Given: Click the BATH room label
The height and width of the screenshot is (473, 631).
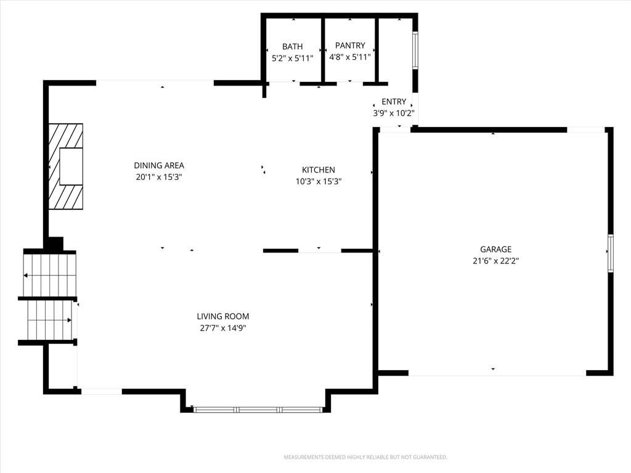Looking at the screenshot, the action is (x=292, y=47).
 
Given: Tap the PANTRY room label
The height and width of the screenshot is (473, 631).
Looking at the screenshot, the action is (x=350, y=46).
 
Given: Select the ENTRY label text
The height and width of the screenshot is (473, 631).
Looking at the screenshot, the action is (x=394, y=102).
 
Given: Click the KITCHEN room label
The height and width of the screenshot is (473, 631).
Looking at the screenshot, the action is (x=319, y=170).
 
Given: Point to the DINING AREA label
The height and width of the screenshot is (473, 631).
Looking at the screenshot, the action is (x=159, y=165).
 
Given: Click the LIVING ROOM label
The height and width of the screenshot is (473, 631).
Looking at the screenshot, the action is (x=223, y=317).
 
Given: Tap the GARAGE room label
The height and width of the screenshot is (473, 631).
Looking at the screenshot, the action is (x=496, y=249).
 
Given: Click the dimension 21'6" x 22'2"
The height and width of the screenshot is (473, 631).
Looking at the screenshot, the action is (x=496, y=261).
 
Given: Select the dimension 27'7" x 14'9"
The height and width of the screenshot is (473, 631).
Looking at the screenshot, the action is (x=223, y=328).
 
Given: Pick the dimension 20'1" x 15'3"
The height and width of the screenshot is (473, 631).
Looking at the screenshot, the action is (x=159, y=177).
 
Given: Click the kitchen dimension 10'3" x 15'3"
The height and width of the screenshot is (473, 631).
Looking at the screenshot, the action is (x=319, y=182).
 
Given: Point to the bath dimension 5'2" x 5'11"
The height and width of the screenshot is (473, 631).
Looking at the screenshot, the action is (x=292, y=59).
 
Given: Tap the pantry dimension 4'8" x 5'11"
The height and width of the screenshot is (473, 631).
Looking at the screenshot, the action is (x=350, y=57).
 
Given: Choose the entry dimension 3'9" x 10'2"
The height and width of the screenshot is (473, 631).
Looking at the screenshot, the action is (x=394, y=113).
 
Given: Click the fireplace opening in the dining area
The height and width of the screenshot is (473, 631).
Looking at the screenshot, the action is (x=71, y=166).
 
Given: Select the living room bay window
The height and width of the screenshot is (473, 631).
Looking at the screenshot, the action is (x=258, y=410).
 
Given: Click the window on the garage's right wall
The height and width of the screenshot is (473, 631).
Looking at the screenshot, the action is (x=611, y=253).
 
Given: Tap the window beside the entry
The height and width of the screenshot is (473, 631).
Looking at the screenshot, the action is (x=415, y=51).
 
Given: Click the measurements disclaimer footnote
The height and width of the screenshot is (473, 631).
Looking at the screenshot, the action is (x=365, y=458).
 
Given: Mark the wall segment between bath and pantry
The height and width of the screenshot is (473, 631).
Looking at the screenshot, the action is (x=323, y=50).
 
